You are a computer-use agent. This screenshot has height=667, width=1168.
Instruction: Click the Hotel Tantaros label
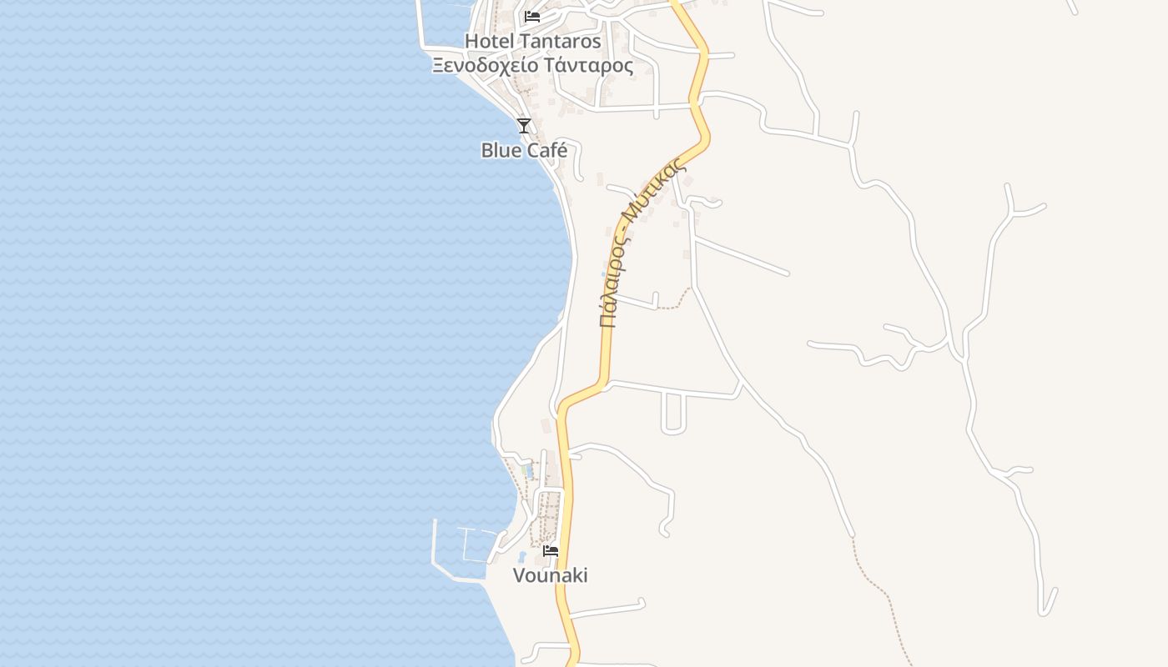click(532, 41)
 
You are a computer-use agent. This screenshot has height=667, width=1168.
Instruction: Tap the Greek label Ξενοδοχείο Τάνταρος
click(532, 66)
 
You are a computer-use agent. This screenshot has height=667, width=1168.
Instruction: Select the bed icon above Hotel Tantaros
click(532, 17)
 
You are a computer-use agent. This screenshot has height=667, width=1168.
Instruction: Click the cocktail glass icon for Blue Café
click(524, 126)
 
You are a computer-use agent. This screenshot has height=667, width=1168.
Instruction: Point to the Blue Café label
click(524, 151)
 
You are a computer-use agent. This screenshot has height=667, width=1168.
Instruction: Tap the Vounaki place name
click(550, 575)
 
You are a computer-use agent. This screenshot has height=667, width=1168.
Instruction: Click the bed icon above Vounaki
click(551, 551)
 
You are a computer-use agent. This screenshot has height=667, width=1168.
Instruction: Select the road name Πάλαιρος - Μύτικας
click(642, 242)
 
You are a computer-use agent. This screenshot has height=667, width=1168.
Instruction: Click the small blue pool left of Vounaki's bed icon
click(522, 556)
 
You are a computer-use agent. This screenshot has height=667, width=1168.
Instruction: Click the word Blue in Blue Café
click(501, 151)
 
